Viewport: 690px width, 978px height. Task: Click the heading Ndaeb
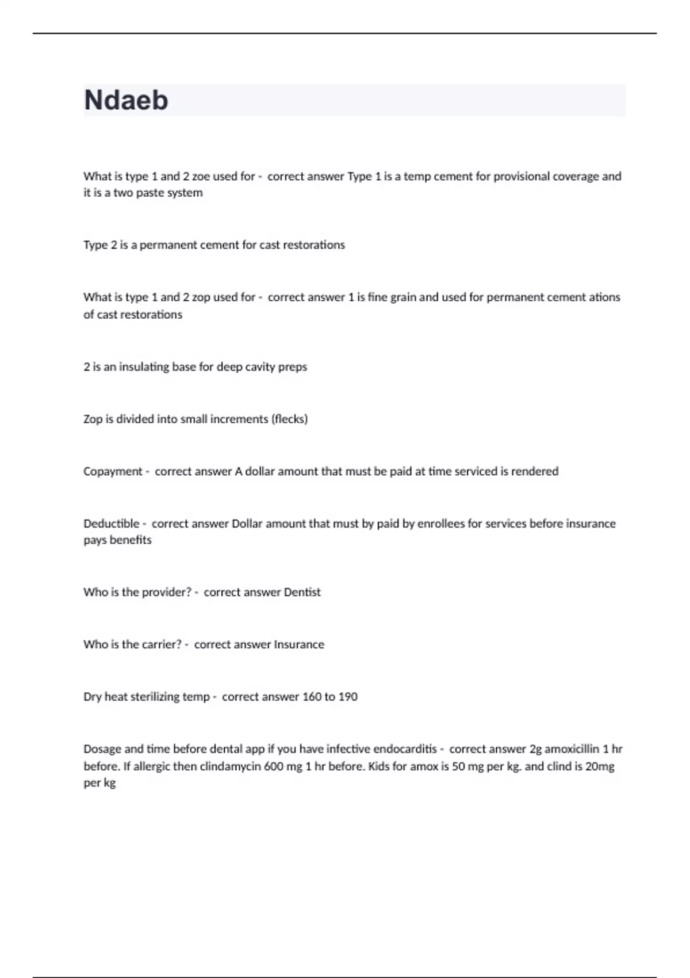126,100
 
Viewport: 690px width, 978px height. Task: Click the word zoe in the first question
201,177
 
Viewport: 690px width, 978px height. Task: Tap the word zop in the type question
201,297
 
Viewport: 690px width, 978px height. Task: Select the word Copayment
113,472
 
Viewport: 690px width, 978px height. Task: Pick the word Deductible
112,524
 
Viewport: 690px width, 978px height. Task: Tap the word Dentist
302,593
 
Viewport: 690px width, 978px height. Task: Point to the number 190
348,697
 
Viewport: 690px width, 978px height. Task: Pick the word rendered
535,472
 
